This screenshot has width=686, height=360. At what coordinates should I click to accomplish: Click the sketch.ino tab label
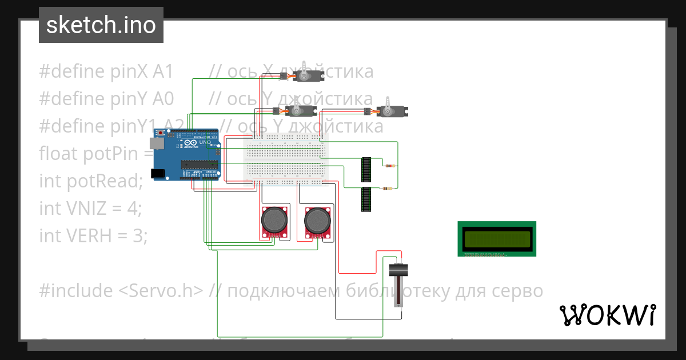coord(101,25)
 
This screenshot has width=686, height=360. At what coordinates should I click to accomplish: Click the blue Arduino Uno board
coord(186,154)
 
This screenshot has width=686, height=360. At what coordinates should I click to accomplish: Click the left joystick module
coord(274,221)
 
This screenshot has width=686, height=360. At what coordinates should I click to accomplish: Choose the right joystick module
coord(317,221)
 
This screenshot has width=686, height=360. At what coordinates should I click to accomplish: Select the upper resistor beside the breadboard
coord(390,166)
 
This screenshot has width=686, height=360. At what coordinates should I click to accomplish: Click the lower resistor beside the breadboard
coord(386,187)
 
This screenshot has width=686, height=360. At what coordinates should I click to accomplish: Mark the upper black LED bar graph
coord(366,170)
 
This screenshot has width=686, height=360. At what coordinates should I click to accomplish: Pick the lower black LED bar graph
coord(366,199)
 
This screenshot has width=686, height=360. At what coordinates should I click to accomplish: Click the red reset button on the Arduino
coord(162,133)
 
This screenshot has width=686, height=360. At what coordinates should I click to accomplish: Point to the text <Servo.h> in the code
coord(161,291)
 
